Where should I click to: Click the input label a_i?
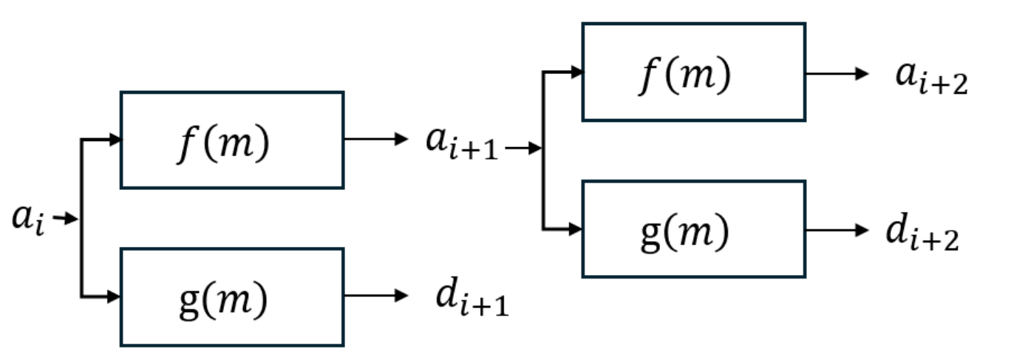point(28,220)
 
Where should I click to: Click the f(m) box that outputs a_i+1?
point(232,140)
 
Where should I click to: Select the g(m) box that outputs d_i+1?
point(232,297)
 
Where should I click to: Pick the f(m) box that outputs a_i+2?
point(693,72)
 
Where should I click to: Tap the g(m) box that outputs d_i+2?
point(693,229)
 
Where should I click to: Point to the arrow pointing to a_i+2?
point(837,73)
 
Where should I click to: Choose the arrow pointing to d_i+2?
point(837,230)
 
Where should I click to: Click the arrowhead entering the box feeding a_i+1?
point(114,140)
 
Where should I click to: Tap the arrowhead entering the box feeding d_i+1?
point(114,296)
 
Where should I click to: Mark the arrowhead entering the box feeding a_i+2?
point(576,72)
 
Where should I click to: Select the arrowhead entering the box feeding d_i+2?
point(576,229)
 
